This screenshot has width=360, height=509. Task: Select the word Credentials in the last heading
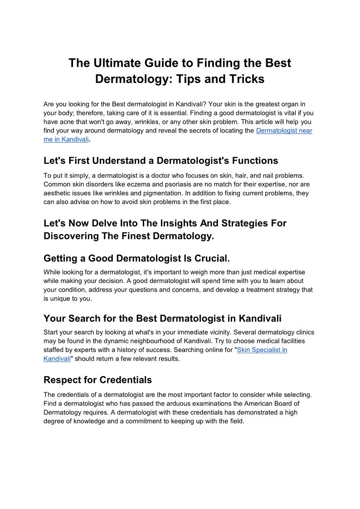coord(126,380)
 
